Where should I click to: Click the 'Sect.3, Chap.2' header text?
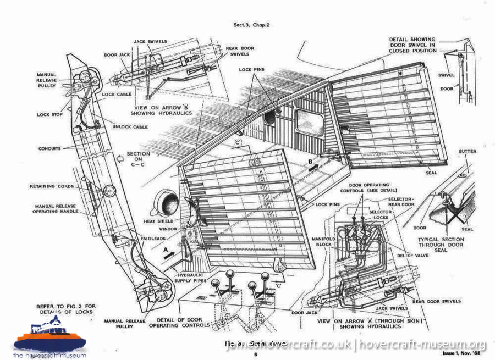[x=254, y=25]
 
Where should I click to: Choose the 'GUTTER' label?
[x=467, y=151]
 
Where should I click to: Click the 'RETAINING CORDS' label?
[x=51, y=186]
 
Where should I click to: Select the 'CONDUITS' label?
[x=50, y=148]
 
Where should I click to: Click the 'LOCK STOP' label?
[x=51, y=114]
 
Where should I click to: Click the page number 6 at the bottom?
[x=255, y=355]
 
